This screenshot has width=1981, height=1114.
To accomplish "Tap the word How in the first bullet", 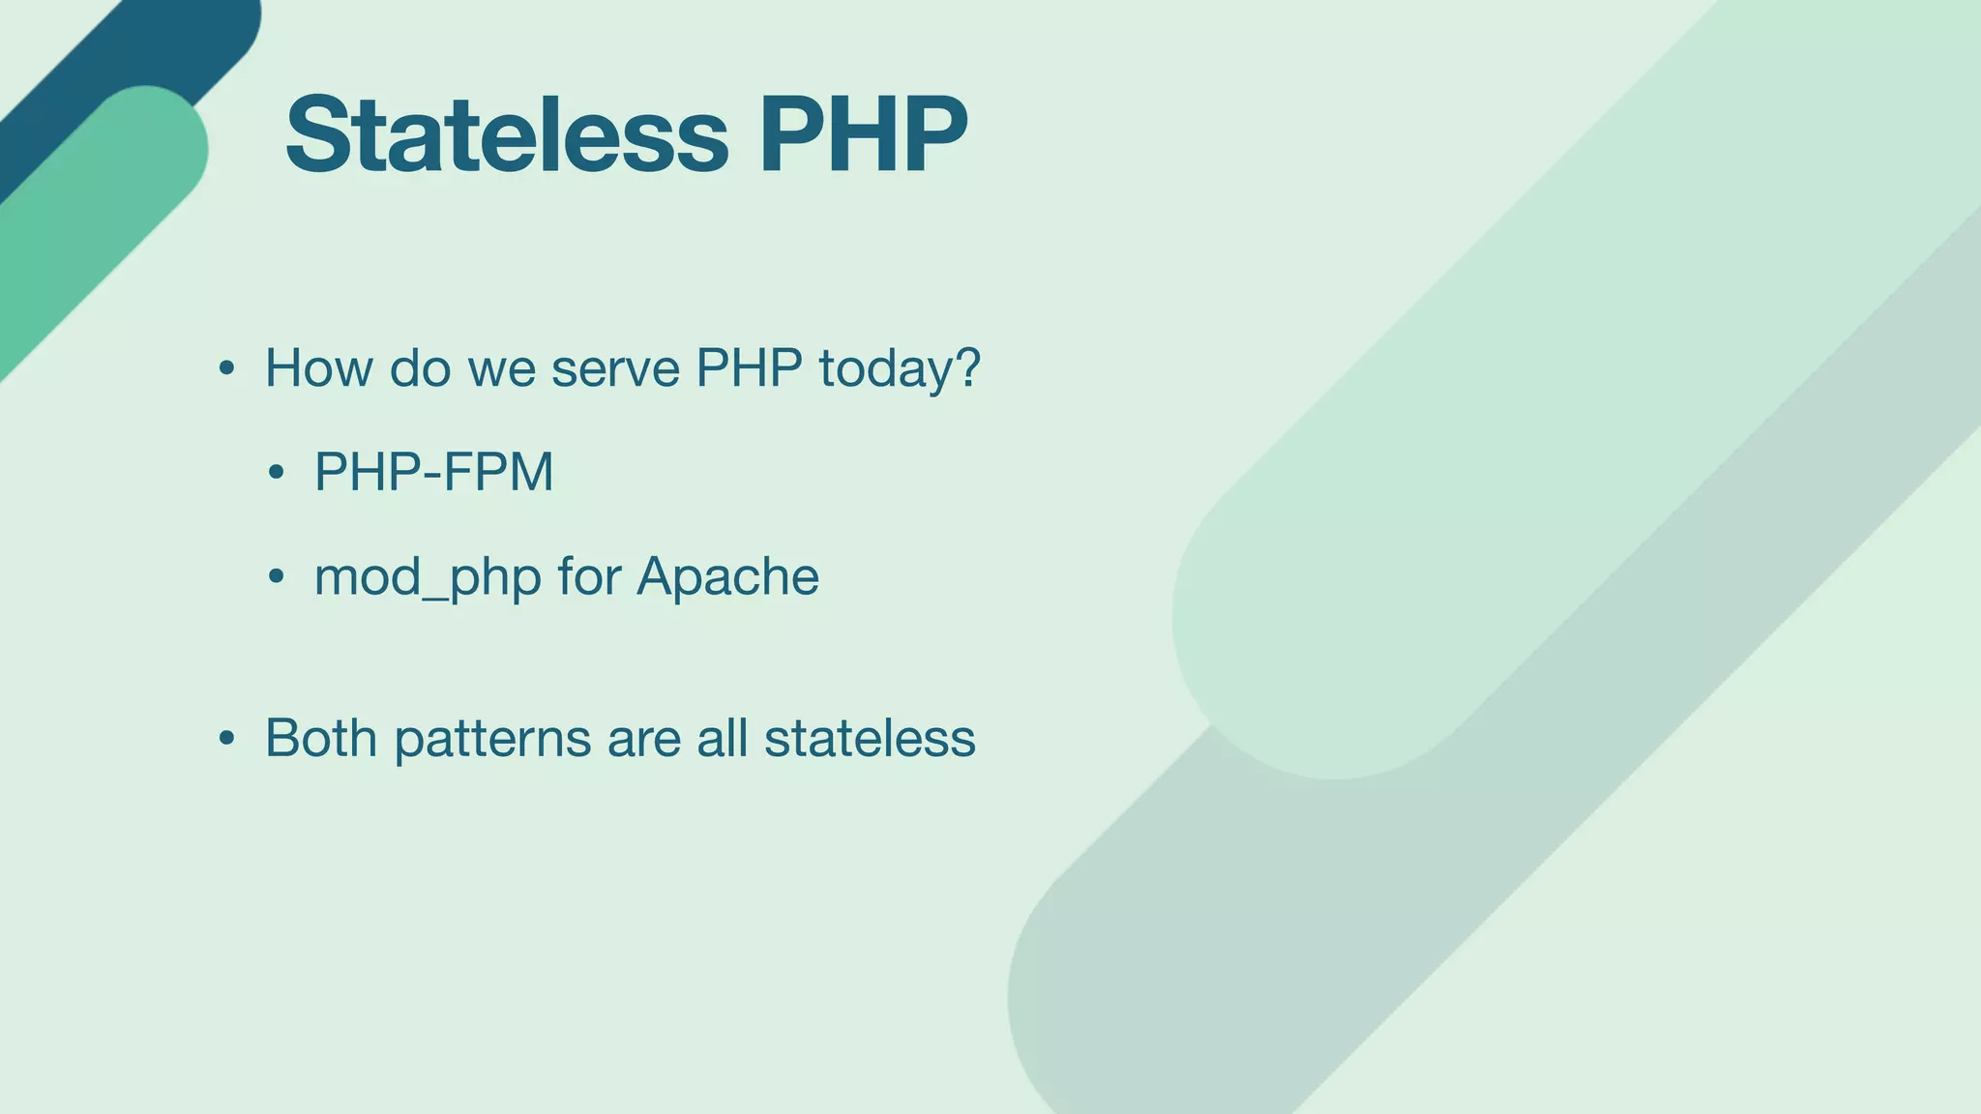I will [318, 368].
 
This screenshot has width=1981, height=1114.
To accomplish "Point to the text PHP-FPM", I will [433, 472].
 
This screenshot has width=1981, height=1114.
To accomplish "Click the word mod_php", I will [427, 577].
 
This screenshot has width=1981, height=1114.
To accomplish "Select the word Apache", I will [727, 576].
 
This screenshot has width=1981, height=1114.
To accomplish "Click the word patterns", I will [492, 739].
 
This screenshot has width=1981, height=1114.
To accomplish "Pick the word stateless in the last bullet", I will [870, 738].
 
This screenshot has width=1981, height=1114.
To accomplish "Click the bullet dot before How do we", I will [226, 369].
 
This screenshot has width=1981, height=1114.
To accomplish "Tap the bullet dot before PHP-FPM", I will [277, 473].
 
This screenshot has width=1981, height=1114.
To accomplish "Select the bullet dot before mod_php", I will [277, 577].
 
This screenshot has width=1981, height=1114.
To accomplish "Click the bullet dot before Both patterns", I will [226, 740].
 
